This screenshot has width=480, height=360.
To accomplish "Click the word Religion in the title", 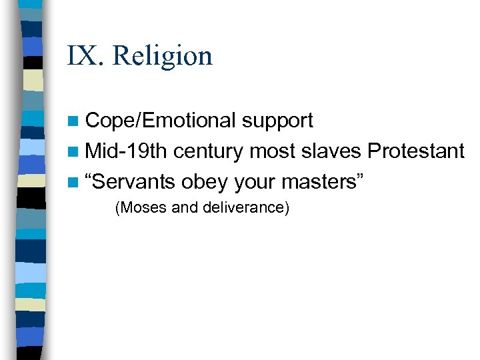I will pyautogui.click(x=163, y=55).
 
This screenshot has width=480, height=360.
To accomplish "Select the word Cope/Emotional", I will pyautogui.click(x=161, y=121).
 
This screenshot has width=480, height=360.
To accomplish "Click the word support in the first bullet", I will pyautogui.click(x=277, y=121).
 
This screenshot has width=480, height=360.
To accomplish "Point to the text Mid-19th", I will pyautogui.click(x=127, y=151).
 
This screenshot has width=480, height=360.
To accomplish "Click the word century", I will pyautogui.click(x=209, y=152).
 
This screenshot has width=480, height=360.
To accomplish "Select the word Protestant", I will pyautogui.click(x=415, y=151).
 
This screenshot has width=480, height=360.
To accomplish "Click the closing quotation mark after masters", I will pyautogui.click(x=359, y=177).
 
